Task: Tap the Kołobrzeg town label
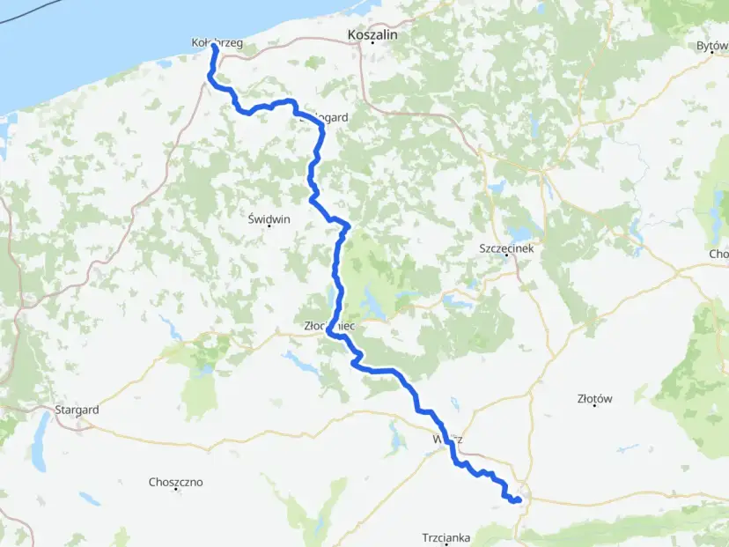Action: (217, 41)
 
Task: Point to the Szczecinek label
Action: (506, 248)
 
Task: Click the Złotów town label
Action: (594, 398)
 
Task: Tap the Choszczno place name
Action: (176, 482)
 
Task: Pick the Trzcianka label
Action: (445, 536)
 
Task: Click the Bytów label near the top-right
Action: (711, 45)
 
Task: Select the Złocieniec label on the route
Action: (328, 326)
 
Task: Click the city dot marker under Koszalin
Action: (372, 42)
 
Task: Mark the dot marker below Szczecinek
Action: (506, 257)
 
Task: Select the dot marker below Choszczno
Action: (176, 492)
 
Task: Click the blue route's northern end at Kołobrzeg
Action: (214, 47)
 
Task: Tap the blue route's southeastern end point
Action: (519, 500)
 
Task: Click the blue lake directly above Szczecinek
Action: (519, 234)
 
